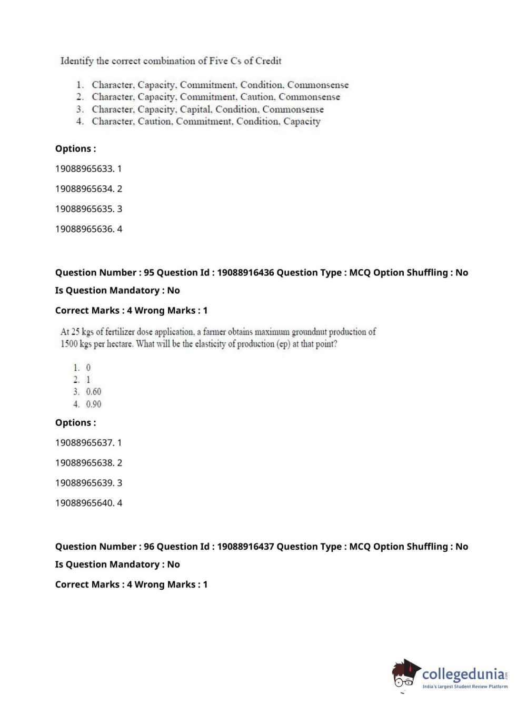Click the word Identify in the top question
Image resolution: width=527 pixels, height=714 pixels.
coord(77,61)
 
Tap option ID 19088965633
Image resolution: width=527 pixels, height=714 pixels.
coord(84,169)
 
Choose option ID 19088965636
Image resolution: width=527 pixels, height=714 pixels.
coord(84,229)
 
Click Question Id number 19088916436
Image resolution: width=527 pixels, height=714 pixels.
coord(245,273)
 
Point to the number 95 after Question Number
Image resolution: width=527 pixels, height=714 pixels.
coord(149,273)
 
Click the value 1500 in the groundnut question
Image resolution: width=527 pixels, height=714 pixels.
coord(69,344)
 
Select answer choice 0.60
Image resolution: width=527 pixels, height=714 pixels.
coord(94,392)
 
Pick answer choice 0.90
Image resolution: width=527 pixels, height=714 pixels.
coord(94,404)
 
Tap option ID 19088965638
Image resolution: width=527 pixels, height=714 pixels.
coord(84,463)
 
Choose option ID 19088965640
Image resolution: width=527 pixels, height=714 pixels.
coord(84,503)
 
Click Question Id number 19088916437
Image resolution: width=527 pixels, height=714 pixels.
coord(245,547)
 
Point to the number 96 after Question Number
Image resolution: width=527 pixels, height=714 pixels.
coord(149,547)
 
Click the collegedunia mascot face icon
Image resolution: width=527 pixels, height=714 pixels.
coord(405,674)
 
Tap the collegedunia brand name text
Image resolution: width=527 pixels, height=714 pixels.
coord(463,673)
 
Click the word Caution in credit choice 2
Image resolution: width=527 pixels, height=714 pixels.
coord(257,97)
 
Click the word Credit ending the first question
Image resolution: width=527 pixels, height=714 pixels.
coord(269,61)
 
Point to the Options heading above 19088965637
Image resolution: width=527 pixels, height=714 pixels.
coord(76,423)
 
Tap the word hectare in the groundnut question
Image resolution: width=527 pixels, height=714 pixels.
coord(117,344)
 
